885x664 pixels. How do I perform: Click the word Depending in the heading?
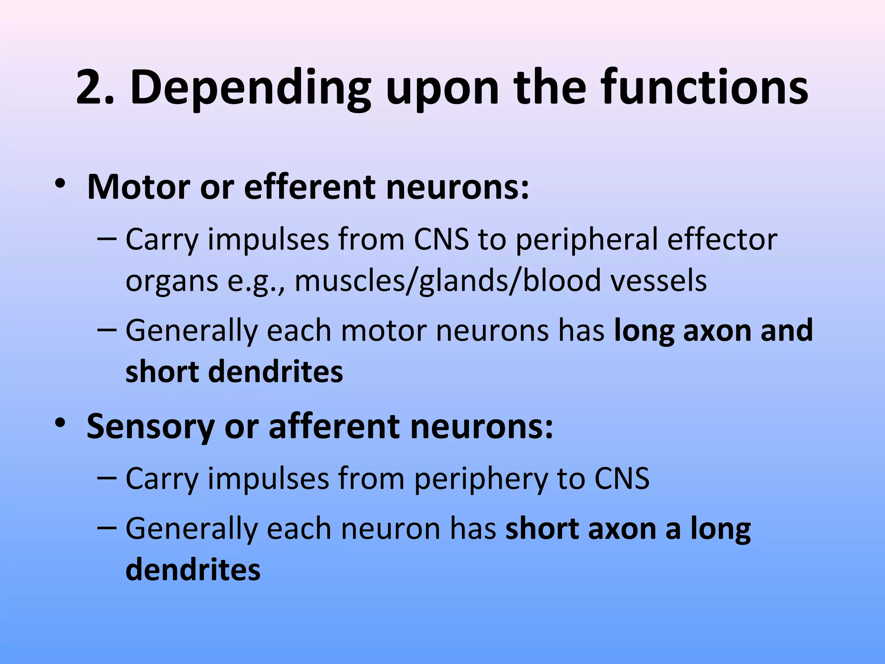[250, 89]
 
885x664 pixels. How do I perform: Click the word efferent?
[310, 187]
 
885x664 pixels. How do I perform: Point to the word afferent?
[334, 426]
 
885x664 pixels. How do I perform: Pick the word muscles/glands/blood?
[448, 281]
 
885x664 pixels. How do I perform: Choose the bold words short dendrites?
[234, 371]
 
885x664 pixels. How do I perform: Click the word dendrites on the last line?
[193, 569]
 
